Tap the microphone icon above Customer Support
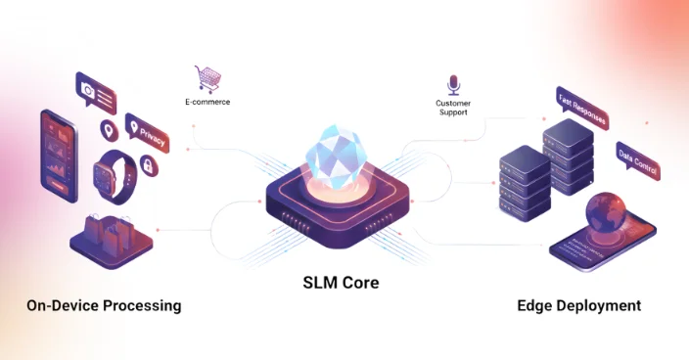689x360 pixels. click(x=453, y=83)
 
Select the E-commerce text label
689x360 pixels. click(x=207, y=102)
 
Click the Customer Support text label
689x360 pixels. click(x=453, y=107)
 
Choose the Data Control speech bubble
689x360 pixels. click(x=637, y=160)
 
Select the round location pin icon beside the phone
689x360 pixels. click(x=107, y=129)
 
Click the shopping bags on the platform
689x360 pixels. click(x=108, y=231)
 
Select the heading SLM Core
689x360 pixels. click(x=339, y=283)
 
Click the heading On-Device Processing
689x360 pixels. click(x=104, y=305)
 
